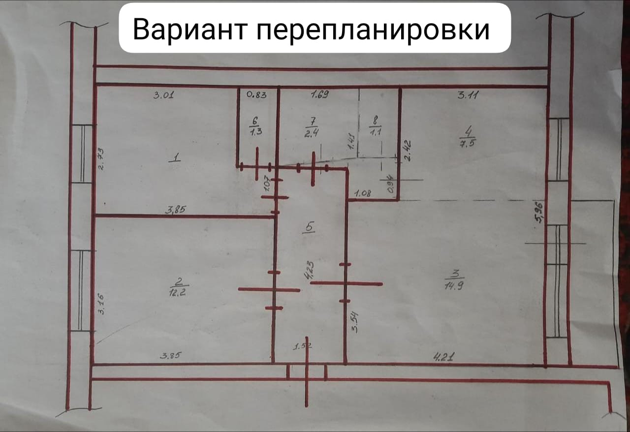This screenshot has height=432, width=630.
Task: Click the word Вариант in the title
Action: pos(189,30)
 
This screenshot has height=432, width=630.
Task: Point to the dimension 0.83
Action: pos(256,95)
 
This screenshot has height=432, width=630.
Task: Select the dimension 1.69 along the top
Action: pos(320,95)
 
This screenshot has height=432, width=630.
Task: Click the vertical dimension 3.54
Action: pos(354,324)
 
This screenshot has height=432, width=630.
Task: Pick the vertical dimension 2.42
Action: pos(407,151)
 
